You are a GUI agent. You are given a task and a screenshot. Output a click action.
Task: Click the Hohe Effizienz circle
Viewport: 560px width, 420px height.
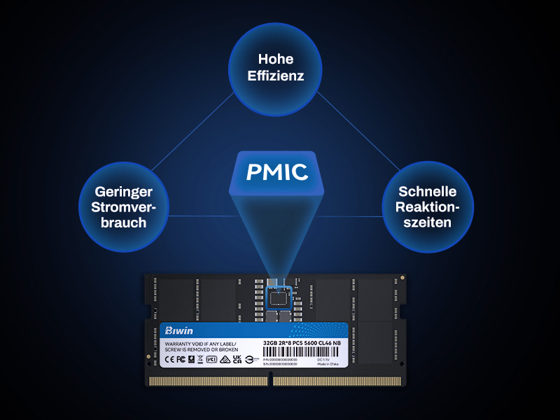point(276,68)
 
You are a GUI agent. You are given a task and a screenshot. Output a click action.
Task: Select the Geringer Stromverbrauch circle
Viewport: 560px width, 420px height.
point(122,206)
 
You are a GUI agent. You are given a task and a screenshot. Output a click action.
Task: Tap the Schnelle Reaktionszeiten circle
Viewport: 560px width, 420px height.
point(427,206)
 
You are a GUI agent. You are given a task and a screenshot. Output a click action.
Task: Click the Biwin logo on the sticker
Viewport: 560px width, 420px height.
point(178,330)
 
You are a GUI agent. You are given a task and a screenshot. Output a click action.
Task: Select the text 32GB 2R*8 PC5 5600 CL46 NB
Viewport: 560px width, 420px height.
point(302,342)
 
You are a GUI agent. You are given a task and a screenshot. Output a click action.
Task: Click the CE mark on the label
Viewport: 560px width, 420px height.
point(169,359)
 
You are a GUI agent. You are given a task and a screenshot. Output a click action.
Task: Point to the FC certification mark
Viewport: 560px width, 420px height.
point(180,359)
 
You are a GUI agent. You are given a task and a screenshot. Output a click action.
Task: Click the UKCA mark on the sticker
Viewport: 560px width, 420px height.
point(237,359)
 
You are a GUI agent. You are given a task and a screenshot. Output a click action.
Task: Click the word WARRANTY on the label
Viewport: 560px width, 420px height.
point(177,344)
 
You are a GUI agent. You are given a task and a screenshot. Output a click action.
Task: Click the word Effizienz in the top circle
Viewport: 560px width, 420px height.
point(276,76)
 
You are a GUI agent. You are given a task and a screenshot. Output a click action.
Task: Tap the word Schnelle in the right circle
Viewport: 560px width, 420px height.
point(427,191)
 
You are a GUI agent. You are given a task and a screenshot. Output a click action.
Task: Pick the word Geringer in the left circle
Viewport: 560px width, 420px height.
point(122,191)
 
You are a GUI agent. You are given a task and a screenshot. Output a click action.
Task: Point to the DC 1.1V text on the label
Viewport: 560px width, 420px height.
point(323,358)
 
